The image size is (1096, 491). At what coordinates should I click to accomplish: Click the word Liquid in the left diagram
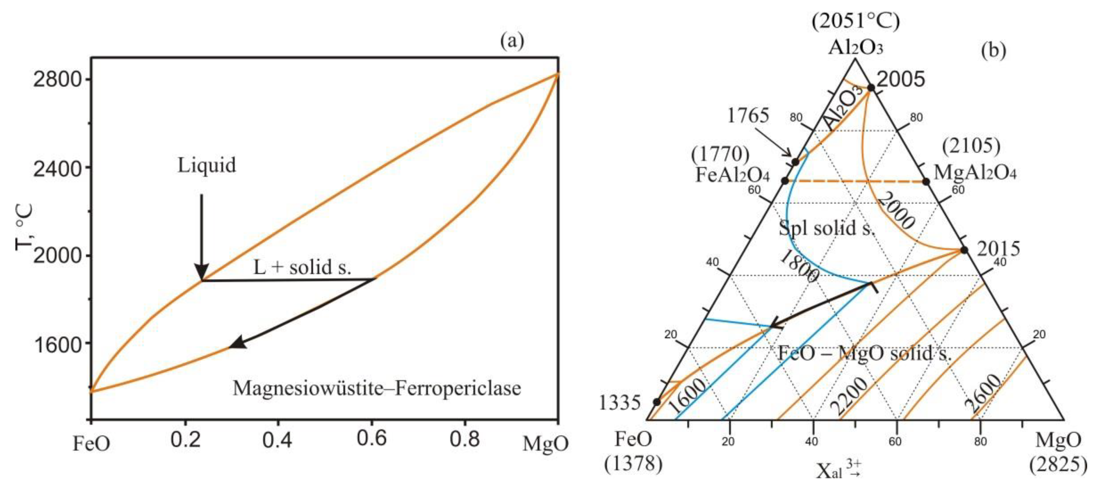pyautogui.click(x=206, y=166)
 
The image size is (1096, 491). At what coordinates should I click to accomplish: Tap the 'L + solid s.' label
pyautogui.click(x=302, y=268)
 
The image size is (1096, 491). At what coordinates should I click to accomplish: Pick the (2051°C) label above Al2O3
pyautogui.click(x=856, y=21)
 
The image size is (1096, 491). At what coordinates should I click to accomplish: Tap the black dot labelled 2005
pyautogui.click(x=871, y=88)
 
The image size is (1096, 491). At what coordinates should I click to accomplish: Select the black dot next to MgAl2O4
pyautogui.click(x=926, y=182)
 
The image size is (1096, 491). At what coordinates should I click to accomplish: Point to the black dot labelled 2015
pyautogui.click(x=964, y=250)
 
